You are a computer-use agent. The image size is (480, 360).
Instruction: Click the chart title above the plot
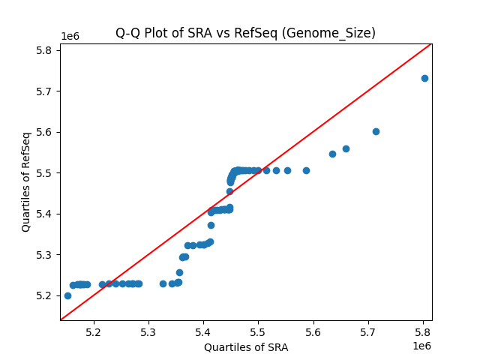coord(245,33)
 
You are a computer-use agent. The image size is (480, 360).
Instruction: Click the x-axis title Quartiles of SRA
coord(245,347)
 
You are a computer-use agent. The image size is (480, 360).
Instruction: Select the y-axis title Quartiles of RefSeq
coord(26,181)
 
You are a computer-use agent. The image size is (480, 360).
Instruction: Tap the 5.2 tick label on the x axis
coord(94,331)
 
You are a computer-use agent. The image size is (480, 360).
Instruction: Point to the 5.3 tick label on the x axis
coord(148,331)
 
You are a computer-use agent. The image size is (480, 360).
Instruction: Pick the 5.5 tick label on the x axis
coord(258,331)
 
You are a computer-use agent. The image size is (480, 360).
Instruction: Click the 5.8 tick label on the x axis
coord(423,331)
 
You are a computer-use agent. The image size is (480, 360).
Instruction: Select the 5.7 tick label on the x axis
coord(368,331)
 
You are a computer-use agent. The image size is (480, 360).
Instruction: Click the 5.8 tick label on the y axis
coord(43,50)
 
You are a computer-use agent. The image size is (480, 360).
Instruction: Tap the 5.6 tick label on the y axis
coord(43,132)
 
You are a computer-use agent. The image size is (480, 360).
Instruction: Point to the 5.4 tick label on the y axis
coord(43,214)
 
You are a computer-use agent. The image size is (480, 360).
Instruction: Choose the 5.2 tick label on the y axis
coord(43,295)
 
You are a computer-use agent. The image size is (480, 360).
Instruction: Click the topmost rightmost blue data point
coord(424,78)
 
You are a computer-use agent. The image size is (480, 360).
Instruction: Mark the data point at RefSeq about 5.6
coord(376,131)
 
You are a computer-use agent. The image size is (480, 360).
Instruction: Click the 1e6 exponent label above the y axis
coord(70,36)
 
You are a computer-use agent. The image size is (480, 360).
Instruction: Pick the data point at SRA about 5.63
coord(332,154)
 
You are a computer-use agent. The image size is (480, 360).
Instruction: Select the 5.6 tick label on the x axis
coord(313,331)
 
